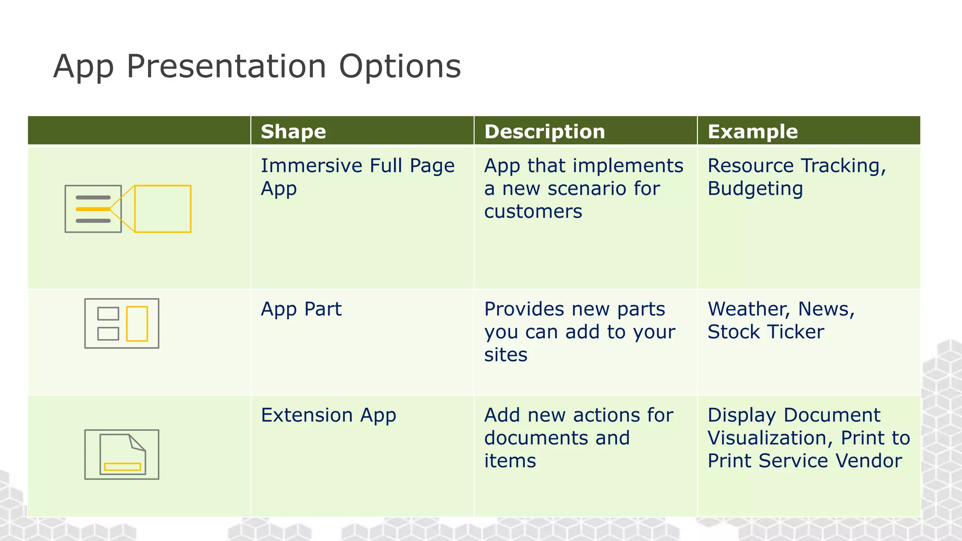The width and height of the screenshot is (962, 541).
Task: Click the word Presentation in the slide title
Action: (x=226, y=67)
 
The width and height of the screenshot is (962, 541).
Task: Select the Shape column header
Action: (x=293, y=132)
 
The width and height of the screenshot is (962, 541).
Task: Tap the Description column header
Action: (x=544, y=132)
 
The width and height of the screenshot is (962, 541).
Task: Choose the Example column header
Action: (x=753, y=132)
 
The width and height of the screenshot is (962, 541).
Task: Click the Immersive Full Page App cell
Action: (x=357, y=177)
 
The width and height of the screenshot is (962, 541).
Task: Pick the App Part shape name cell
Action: (x=301, y=309)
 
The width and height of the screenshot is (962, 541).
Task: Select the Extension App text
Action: (x=328, y=415)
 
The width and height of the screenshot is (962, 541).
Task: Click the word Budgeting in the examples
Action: (x=755, y=189)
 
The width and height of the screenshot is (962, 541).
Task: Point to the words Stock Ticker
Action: (x=766, y=332)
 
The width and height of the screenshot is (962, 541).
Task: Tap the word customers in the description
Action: (x=533, y=212)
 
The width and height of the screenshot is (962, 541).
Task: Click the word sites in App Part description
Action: (x=505, y=355)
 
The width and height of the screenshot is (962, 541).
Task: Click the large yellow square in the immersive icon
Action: (x=163, y=209)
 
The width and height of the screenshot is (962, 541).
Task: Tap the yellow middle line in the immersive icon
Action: (x=93, y=209)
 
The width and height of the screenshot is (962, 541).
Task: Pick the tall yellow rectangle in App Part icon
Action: (x=137, y=324)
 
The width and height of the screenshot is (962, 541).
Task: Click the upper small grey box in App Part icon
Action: (x=108, y=313)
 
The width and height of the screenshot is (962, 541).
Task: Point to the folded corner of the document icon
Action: (x=137, y=443)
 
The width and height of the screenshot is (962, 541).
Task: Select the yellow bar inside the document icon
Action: (x=122, y=467)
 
